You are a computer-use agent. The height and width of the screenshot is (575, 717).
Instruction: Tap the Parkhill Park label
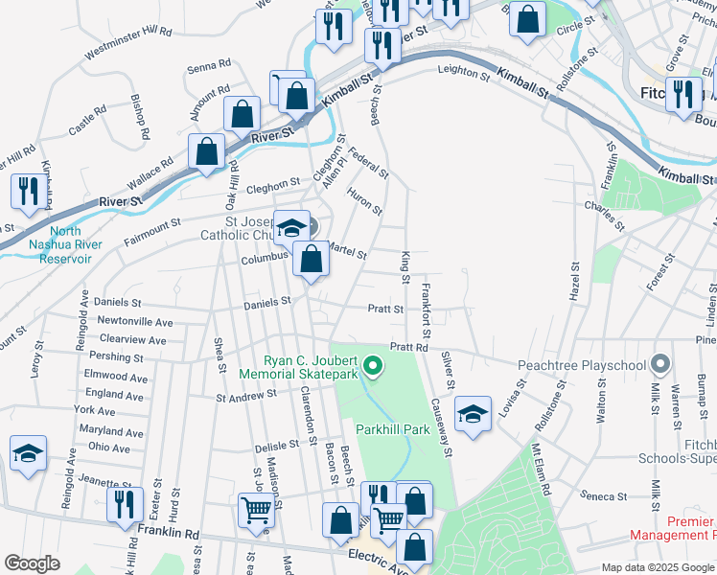pyautogui.click(x=393, y=430)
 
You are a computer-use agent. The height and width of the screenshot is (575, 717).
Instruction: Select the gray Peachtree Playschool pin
pyautogui.click(x=659, y=365)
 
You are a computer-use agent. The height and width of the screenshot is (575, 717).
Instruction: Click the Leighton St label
pyautogui.click(x=464, y=70)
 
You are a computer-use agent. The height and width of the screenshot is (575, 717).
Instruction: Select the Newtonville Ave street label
pyautogui.click(x=135, y=322)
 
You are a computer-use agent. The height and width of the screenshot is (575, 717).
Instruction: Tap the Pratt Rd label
pyautogui.click(x=407, y=346)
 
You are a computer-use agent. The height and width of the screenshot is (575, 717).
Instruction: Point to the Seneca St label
pyautogui.click(x=604, y=496)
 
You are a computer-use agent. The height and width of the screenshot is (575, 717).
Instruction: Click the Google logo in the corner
pyautogui.click(x=32, y=563)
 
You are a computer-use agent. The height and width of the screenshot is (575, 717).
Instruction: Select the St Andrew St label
pyautogui.click(x=246, y=394)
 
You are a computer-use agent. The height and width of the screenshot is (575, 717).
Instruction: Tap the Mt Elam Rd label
pyautogui.click(x=541, y=467)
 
